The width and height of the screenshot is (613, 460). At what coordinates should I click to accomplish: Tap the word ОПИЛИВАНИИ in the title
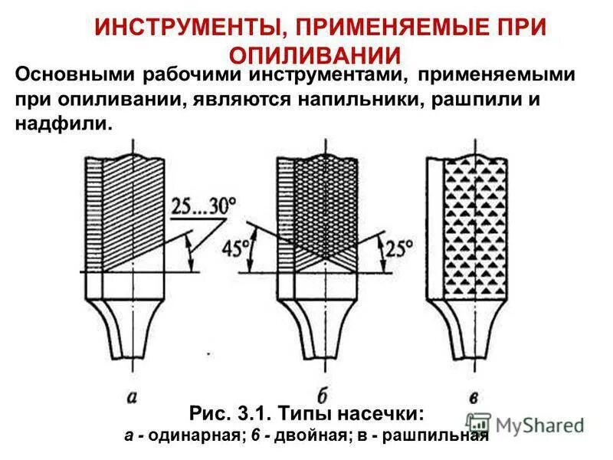(315, 55)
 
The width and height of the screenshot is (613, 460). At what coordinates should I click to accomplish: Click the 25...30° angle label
(205, 205)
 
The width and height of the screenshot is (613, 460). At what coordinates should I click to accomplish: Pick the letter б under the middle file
(322, 394)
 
